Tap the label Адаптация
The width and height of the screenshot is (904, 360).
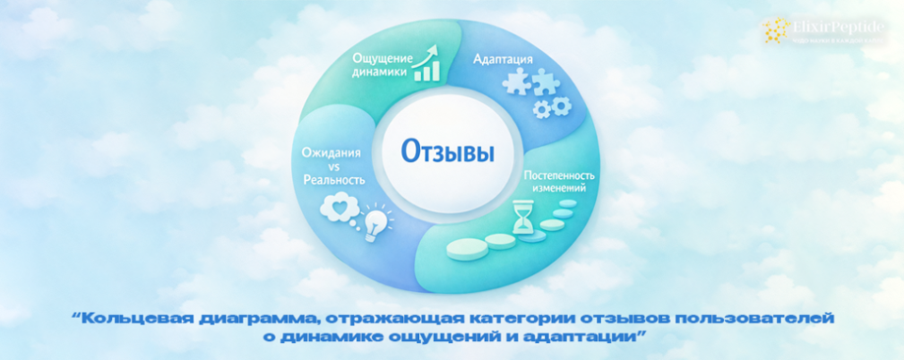click(502, 59)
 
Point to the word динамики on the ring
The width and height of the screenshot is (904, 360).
click(378, 74)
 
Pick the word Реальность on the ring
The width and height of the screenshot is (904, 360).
click(332, 179)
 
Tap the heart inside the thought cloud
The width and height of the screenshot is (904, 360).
click(340, 208)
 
